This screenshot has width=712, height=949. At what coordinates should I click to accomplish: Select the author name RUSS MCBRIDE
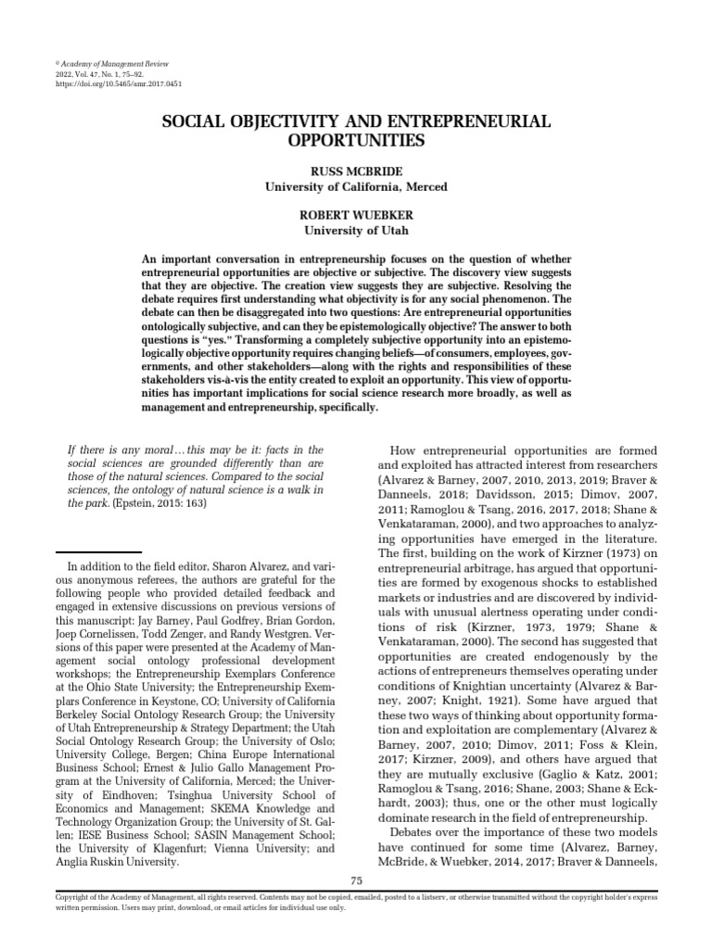point(356,171)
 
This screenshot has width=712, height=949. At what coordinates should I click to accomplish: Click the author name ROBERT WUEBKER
point(356,215)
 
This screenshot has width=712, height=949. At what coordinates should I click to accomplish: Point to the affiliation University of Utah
point(356,230)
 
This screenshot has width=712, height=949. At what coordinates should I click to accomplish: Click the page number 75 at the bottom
point(356,879)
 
